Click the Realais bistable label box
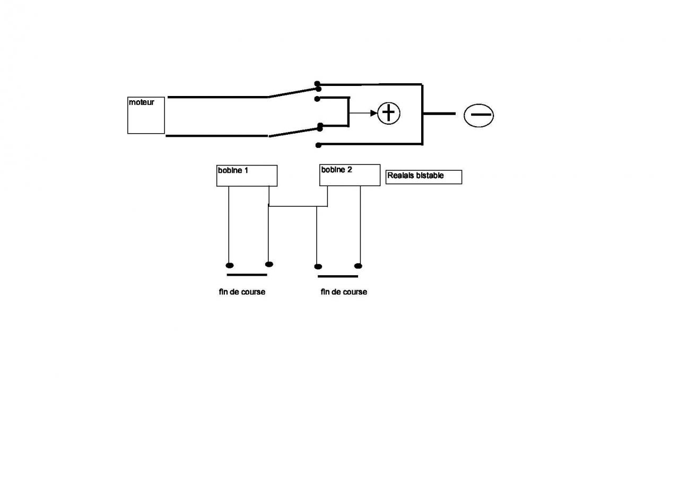(x=423, y=177)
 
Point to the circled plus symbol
(x=389, y=113)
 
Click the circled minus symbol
(x=478, y=115)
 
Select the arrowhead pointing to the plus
(x=373, y=113)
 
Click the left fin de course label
(x=242, y=292)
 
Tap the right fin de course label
(x=344, y=292)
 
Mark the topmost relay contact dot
(x=317, y=84)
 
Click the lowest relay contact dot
(x=318, y=145)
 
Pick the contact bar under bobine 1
(x=247, y=275)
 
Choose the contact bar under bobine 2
(x=338, y=276)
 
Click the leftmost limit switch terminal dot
(x=230, y=265)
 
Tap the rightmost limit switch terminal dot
(x=358, y=266)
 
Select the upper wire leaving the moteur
(x=217, y=97)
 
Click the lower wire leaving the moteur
(x=217, y=136)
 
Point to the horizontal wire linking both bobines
(x=297, y=206)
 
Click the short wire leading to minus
(x=439, y=114)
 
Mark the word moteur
(x=141, y=102)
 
